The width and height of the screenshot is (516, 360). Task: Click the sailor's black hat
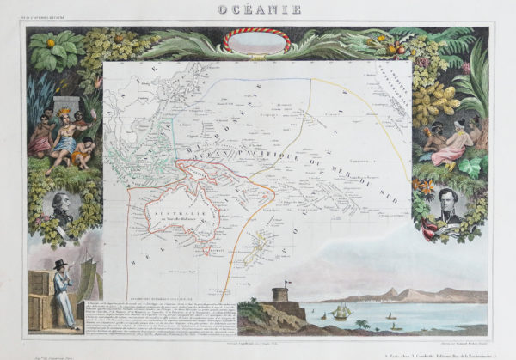tap(59, 265)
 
